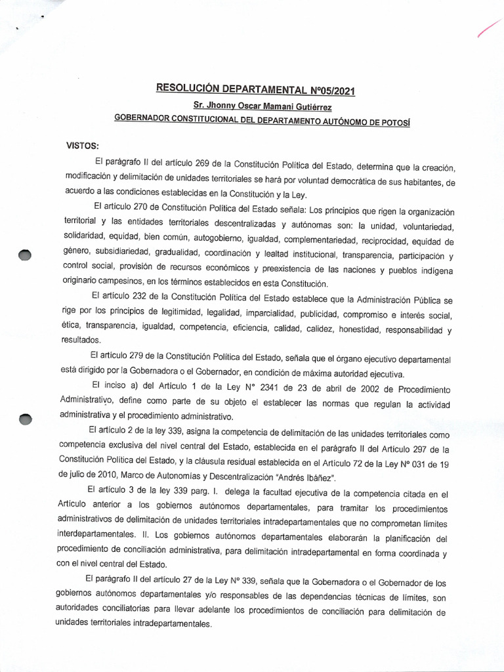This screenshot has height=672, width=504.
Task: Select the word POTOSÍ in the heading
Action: tap(394, 120)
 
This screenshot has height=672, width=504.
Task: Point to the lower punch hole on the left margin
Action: tap(25, 419)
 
